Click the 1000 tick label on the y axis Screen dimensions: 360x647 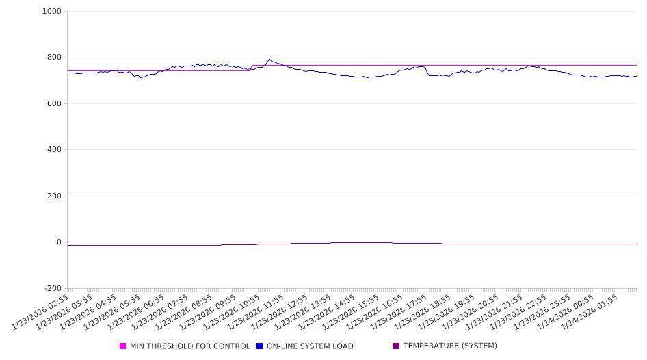pos(52,12)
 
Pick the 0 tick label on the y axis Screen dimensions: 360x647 pos(58,242)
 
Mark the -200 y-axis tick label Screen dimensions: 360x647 pos(52,288)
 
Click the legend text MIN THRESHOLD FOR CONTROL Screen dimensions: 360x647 pos(189,346)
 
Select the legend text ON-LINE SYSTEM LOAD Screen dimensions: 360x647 pos(310,346)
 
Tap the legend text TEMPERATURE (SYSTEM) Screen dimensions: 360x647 pos(450,346)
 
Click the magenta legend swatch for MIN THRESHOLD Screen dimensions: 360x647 pos(123,346)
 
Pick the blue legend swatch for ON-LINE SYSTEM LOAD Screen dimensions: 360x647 pos(260,346)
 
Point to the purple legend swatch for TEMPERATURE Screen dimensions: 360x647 pos(397,346)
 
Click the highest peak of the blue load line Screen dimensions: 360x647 pos(269,60)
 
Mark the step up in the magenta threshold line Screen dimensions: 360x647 pos(252,68)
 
